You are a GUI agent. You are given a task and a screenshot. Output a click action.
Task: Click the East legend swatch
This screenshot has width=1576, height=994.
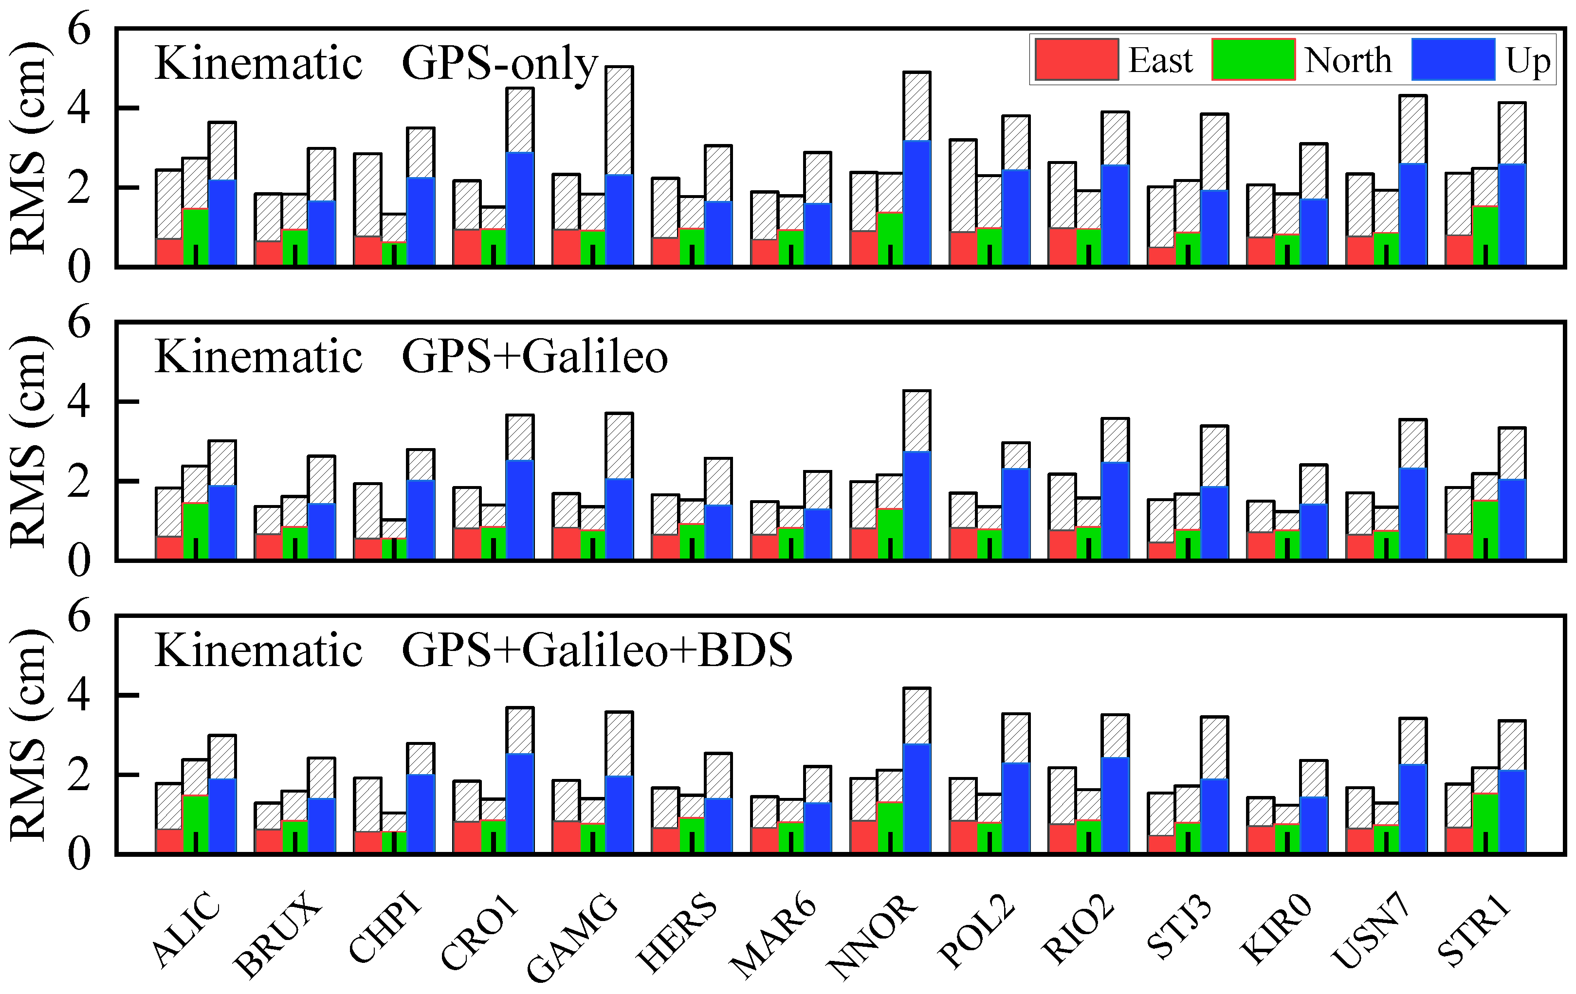click(1077, 59)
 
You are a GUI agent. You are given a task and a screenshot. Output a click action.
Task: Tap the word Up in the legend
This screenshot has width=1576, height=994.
click(1527, 61)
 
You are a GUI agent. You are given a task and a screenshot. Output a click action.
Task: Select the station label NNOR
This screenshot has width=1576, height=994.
click(872, 938)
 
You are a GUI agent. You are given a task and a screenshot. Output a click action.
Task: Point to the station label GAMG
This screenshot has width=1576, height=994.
click(573, 938)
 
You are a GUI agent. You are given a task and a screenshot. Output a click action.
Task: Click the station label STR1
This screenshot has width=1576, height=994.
click(1474, 933)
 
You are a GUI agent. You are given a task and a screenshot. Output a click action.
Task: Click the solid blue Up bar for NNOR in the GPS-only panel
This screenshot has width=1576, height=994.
click(916, 203)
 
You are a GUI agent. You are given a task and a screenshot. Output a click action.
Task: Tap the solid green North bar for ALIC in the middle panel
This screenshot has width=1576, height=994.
click(196, 530)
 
